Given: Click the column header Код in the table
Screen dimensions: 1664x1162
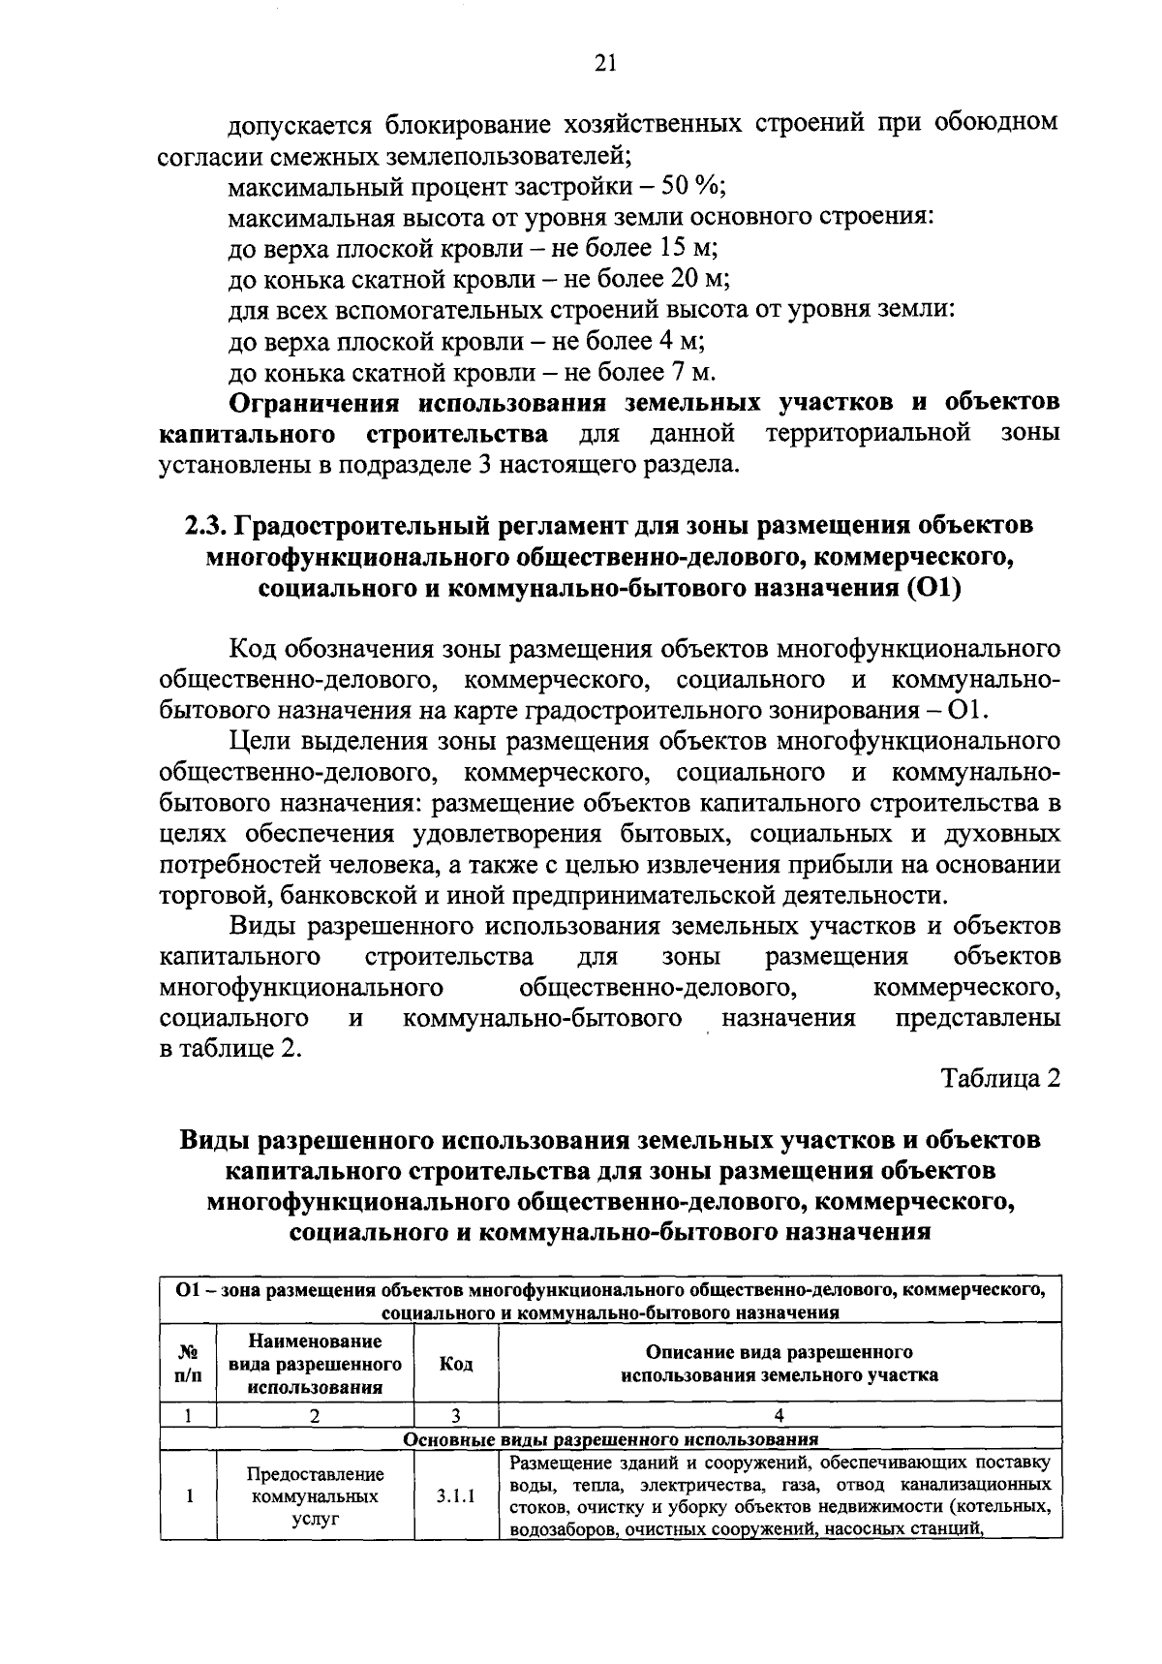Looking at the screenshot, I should pos(455,1364).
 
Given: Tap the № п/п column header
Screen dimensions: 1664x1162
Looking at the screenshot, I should pos(189,1364).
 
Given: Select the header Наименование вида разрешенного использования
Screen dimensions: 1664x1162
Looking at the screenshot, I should pos(315,1364).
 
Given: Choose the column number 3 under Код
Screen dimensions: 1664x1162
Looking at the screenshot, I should pos(455,1415).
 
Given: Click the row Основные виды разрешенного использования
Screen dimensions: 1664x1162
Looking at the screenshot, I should pos(610,1438).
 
